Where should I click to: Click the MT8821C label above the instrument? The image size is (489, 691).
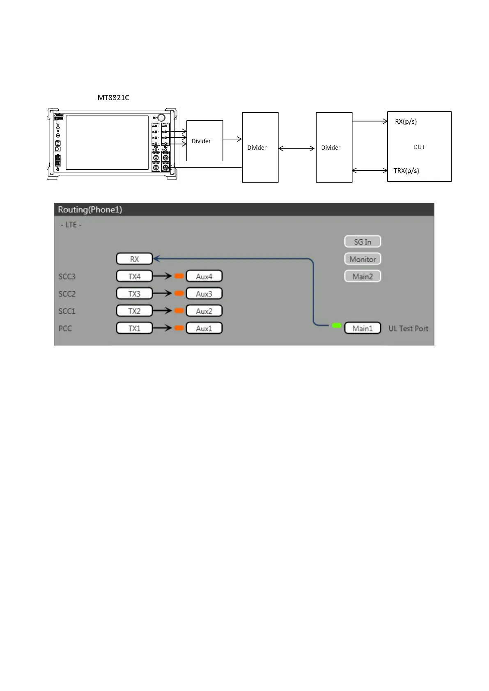coord(113,98)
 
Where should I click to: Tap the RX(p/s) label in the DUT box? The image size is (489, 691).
coord(406,121)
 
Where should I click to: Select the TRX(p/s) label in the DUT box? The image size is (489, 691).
coord(406,171)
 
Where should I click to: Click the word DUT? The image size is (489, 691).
coord(419,147)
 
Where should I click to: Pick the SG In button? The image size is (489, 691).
coord(363,242)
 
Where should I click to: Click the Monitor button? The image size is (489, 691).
coord(363,259)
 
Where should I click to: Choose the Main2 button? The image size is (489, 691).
coord(363,276)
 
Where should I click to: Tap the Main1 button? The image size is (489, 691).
coord(363,328)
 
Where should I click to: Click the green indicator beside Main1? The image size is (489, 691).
coord(336,325)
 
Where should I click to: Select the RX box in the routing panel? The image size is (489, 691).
coord(134,259)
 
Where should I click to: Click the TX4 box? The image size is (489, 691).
coord(134,276)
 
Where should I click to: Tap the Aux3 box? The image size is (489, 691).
coord(204,294)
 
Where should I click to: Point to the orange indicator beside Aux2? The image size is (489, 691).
coord(179,311)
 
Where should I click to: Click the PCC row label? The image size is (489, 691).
coord(65,328)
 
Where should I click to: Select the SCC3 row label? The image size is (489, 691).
coord(67,277)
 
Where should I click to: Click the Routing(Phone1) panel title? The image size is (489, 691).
coord(90,210)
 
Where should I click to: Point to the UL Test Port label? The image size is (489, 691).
coord(408,329)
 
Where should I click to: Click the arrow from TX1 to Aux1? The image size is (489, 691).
coord(162,328)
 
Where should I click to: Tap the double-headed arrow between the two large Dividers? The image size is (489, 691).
coord(296,148)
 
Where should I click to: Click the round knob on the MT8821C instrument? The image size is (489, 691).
coord(161,117)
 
